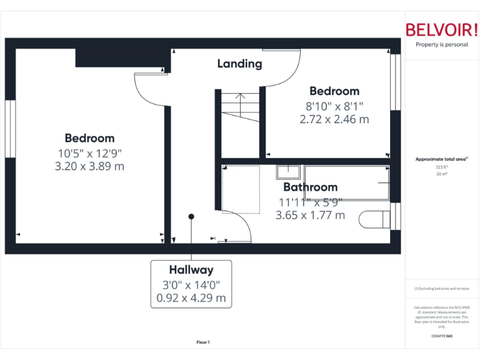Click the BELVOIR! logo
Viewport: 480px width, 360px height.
[442, 29]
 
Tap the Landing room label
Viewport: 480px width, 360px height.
[239, 64]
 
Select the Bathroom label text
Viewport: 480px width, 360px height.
[310, 187]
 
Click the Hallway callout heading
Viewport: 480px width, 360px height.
[191, 270]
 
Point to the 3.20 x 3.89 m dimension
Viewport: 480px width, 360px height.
[89, 166]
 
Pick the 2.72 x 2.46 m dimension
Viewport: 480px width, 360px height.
[334, 119]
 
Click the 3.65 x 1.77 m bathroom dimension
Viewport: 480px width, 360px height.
[310, 215]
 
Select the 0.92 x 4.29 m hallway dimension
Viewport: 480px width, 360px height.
[191, 298]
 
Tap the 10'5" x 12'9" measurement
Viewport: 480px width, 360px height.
[89, 152]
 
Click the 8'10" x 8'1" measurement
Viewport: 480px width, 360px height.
[334, 106]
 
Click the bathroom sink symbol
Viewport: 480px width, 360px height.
[288, 171]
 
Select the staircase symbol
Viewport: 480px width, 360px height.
[241, 107]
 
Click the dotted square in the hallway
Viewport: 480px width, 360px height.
[241, 189]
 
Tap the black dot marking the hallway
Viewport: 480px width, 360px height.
[191, 216]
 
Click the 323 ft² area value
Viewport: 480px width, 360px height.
[442, 167]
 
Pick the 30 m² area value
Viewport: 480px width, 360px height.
[442, 174]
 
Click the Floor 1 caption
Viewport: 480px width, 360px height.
[203, 342]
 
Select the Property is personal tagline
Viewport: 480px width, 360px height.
[442, 44]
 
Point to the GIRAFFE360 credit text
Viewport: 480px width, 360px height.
[442, 336]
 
